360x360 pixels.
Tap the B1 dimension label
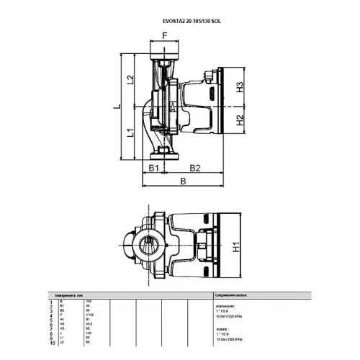[x=153, y=168]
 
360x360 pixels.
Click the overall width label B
[x=183, y=184]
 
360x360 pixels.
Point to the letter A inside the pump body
[x=172, y=107]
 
